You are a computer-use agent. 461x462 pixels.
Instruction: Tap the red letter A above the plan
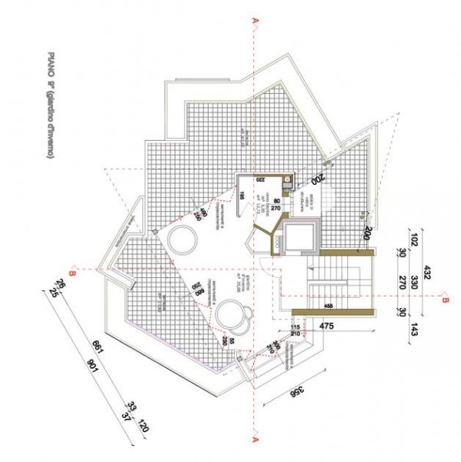254,22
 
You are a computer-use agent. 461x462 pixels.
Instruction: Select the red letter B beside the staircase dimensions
445,302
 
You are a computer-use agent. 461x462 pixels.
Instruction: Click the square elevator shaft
297,236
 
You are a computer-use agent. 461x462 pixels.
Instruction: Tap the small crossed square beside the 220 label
286,182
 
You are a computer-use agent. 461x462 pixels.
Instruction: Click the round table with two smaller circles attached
233,316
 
